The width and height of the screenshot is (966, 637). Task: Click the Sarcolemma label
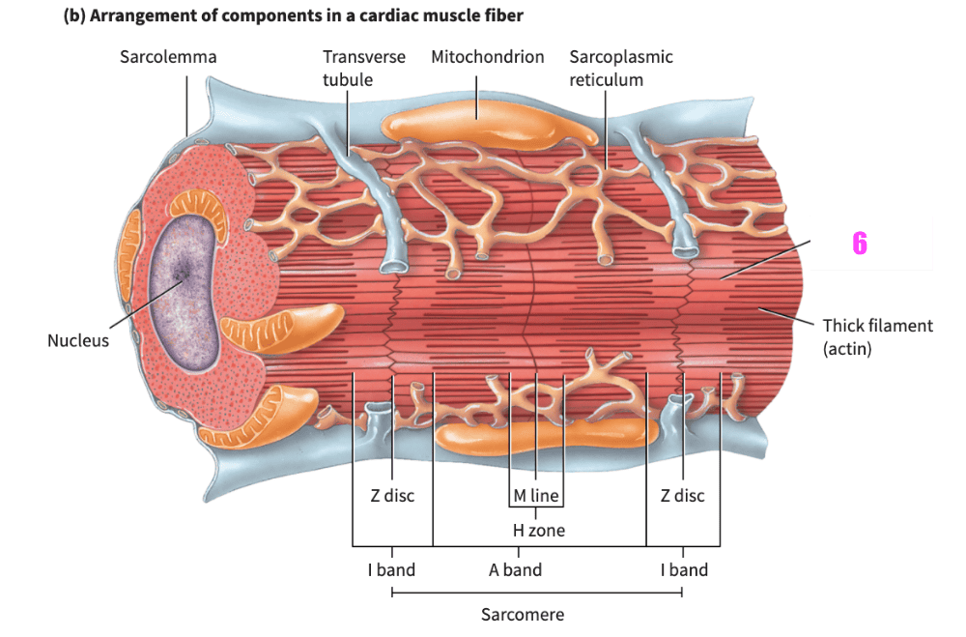[x=168, y=57]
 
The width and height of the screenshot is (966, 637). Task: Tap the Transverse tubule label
[x=364, y=68]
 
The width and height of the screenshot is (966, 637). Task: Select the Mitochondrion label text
[x=488, y=57]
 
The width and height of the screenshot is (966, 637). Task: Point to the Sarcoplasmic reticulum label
[x=620, y=68]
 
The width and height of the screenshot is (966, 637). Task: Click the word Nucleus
[x=78, y=340]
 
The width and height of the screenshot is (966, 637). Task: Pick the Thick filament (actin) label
[x=877, y=336]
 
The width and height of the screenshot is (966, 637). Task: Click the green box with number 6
[x=871, y=243]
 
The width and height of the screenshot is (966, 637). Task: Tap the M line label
[x=536, y=496]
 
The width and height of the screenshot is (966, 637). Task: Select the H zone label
[x=538, y=530]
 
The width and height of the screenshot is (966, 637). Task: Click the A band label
[x=515, y=569]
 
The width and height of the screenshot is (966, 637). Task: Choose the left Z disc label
[x=392, y=496]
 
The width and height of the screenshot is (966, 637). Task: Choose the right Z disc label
[x=682, y=496]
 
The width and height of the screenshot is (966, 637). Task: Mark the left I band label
[x=391, y=569]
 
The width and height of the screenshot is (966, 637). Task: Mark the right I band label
[x=684, y=569]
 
